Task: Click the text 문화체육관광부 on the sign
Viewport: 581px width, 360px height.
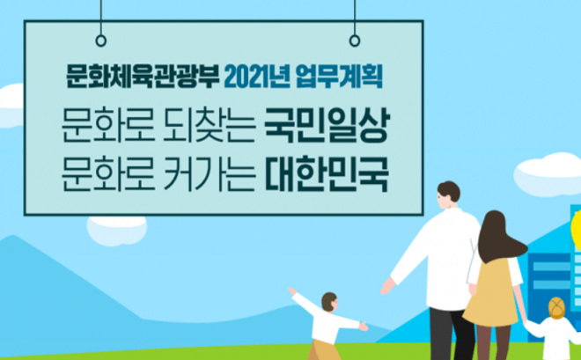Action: [x=143, y=77]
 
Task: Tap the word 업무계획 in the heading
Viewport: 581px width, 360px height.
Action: [x=339, y=77]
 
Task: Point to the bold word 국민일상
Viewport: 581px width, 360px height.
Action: [x=327, y=125]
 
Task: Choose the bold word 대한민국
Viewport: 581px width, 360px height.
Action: [x=327, y=174]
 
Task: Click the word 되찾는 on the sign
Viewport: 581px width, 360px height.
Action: [x=210, y=125]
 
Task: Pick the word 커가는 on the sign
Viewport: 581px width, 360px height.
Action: [x=210, y=174]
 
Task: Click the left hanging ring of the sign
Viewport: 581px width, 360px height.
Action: [x=100, y=40]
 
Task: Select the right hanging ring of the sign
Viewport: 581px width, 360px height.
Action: [x=355, y=40]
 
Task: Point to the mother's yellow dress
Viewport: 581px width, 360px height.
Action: [x=491, y=292]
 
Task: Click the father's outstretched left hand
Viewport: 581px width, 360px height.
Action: [x=387, y=286]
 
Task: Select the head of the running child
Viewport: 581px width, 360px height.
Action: [x=329, y=302]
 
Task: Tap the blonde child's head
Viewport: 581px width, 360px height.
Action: [x=556, y=308]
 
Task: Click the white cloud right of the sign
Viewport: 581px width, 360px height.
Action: [x=548, y=174]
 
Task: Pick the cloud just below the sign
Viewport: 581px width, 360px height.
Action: [x=117, y=230]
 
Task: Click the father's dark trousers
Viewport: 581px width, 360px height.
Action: [x=452, y=334]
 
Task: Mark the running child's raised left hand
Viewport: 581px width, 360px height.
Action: [x=292, y=290]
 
